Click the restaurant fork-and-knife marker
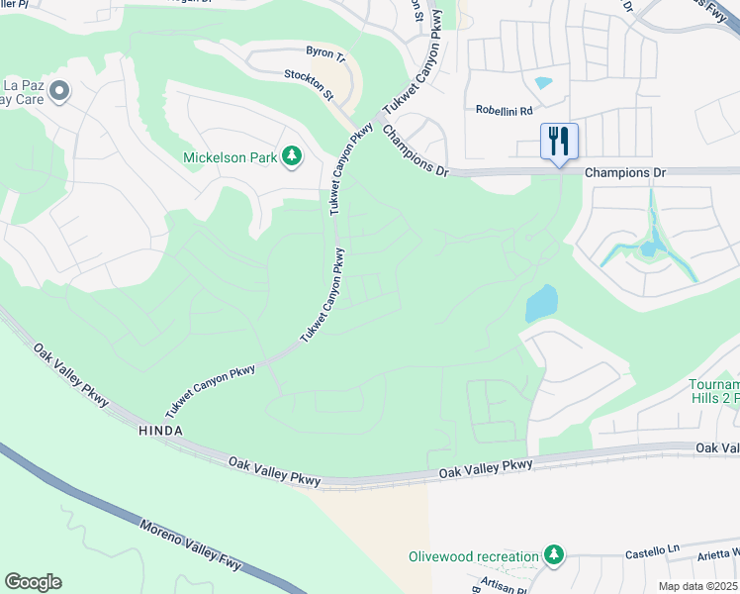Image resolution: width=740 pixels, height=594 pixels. pyautogui.click(x=559, y=141)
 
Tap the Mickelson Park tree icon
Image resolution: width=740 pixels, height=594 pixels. pyautogui.click(x=292, y=156)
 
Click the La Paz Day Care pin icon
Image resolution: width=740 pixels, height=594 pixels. pyautogui.click(x=59, y=92)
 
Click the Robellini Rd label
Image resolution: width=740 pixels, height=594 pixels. pyautogui.click(x=504, y=111)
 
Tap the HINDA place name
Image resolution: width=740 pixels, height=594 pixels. pyautogui.click(x=161, y=432)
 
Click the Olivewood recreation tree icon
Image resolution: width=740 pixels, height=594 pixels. pyautogui.click(x=555, y=556)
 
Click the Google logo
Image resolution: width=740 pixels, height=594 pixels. pyautogui.click(x=33, y=582)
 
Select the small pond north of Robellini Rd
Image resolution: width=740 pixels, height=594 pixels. pyautogui.click(x=543, y=83)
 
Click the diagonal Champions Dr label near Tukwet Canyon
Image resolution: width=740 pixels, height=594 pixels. pyautogui.click(x=415, y=149)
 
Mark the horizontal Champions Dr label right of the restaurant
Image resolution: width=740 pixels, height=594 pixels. pyautogui.click(x=625, y=172)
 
